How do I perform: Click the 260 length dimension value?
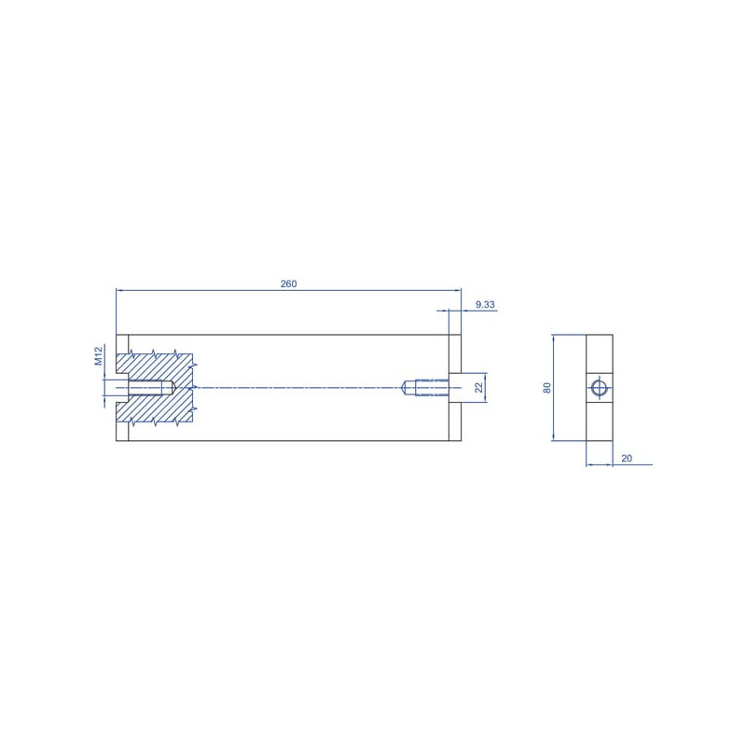coord(288,283)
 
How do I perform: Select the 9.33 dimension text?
coord(485,305)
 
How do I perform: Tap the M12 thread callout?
coord(99,356)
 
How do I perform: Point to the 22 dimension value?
coord(478,388)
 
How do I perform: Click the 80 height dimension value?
coord(547,388)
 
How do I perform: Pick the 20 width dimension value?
coord(627,458)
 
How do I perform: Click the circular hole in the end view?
coord(599,388)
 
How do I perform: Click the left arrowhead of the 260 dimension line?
coord(119,289)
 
